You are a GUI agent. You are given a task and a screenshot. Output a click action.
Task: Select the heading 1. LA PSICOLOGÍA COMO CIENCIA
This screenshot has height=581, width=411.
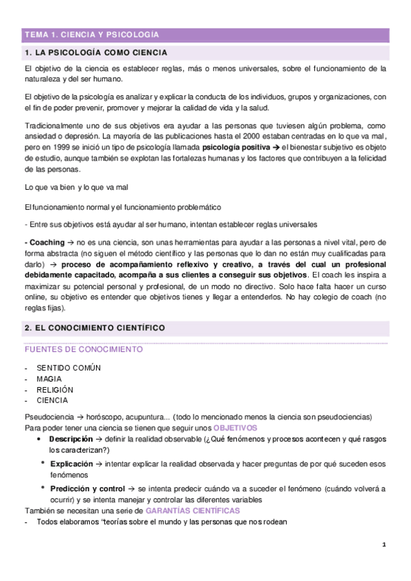[95, 53]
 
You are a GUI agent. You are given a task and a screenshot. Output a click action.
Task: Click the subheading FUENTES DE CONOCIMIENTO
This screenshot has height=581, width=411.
[83, 349]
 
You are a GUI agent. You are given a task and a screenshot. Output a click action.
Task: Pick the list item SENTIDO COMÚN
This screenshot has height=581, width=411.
[69, 368]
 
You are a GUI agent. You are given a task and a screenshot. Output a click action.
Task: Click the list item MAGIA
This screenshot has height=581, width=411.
[49, 379]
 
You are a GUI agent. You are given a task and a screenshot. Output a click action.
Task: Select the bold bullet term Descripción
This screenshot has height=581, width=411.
[71, 438]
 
